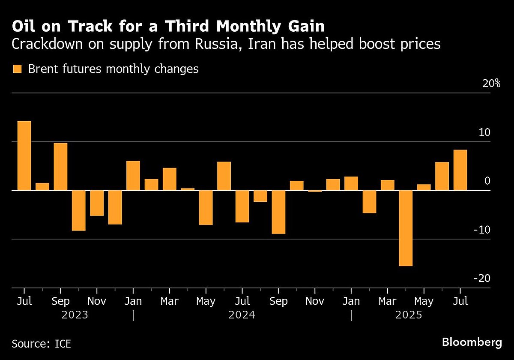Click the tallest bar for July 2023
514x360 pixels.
pos(24,156)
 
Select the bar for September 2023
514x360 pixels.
pos(60,166)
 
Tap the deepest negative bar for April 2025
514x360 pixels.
pos(406,228)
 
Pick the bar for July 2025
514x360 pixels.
pos(460,170)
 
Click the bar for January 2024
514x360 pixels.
pos(133,175)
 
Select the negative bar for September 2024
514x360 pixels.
pos(278,212)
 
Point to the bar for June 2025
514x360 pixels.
pos(442,176)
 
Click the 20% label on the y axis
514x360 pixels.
pos(491,84)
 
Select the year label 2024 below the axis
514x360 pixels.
pos(242,315)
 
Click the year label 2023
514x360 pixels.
pos(75,315)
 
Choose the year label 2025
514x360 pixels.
pos(409,315)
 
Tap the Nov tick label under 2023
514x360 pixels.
pos(97,301)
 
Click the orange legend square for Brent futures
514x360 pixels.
pos(17,69)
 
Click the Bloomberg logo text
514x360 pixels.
pos(472,342)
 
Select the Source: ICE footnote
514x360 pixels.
pos(42,344)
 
